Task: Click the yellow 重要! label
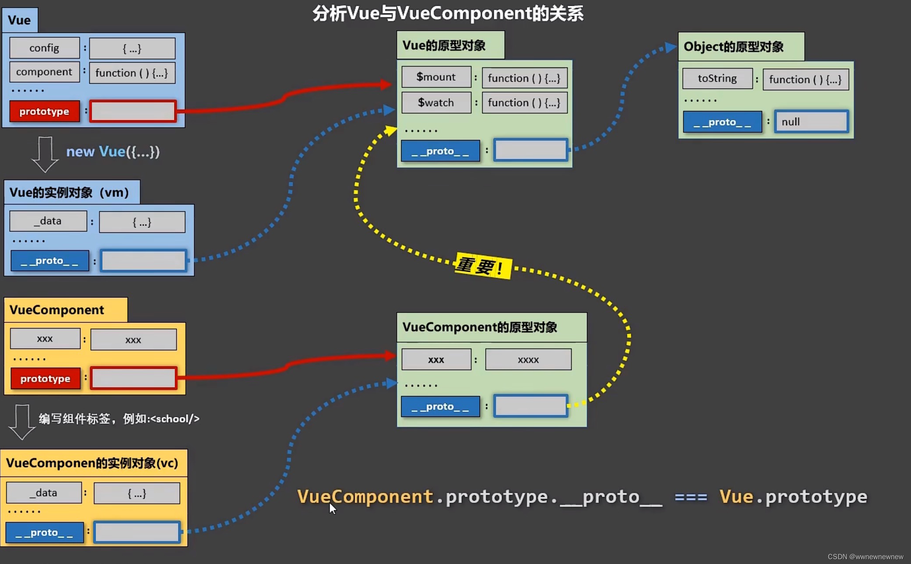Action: [x=483, y=266]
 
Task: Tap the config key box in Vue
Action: [x=44, y=48]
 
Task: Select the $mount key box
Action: [x=436, y=77]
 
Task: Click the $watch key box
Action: [x=436, y=103]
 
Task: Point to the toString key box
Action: [x=717, y=78]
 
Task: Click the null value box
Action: [x=811, y=122]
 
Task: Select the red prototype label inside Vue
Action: [x=44, y=111]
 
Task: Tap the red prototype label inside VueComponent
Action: [x=45, y=378]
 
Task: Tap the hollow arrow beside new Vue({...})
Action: [x=45, y=154]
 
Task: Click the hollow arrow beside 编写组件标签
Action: [x=22, y=421]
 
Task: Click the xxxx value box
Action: [x=528, y=359]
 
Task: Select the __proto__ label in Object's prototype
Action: [x=722, y=122]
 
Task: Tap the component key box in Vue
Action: [x=44, y=72]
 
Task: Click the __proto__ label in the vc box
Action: [x=44, y=532]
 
